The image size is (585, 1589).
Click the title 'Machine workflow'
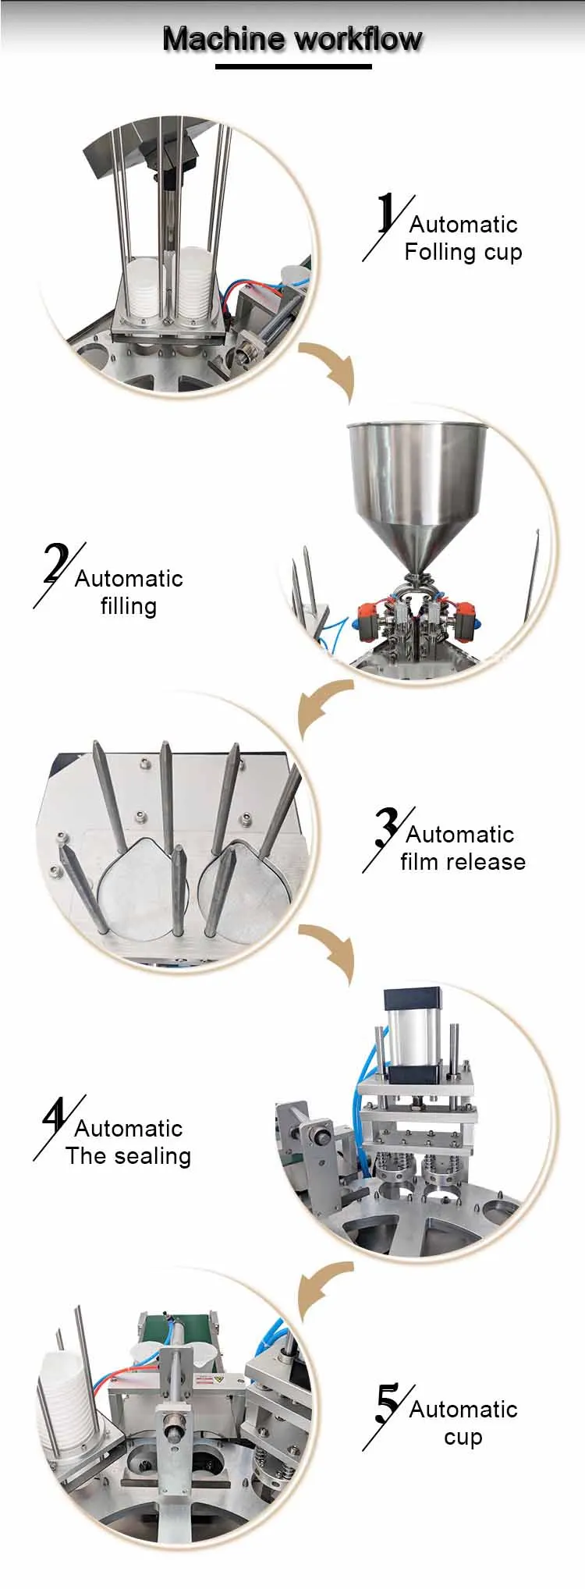click(x=292, y=39)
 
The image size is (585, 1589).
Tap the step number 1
click(x=386, y=213)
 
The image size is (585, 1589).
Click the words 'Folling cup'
click(x=463, y=253)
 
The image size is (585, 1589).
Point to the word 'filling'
click(x=129, y=606)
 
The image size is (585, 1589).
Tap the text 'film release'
click(x=463, y=861)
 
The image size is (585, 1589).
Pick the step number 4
click(x=55, y=1117)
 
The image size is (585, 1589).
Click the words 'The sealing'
click(x=129, y=1155)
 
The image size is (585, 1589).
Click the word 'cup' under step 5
click(x=463, y=1438)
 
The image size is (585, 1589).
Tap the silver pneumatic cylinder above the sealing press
click(x=413, y=1027)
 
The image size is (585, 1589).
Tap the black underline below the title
click(x=293, y=67)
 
